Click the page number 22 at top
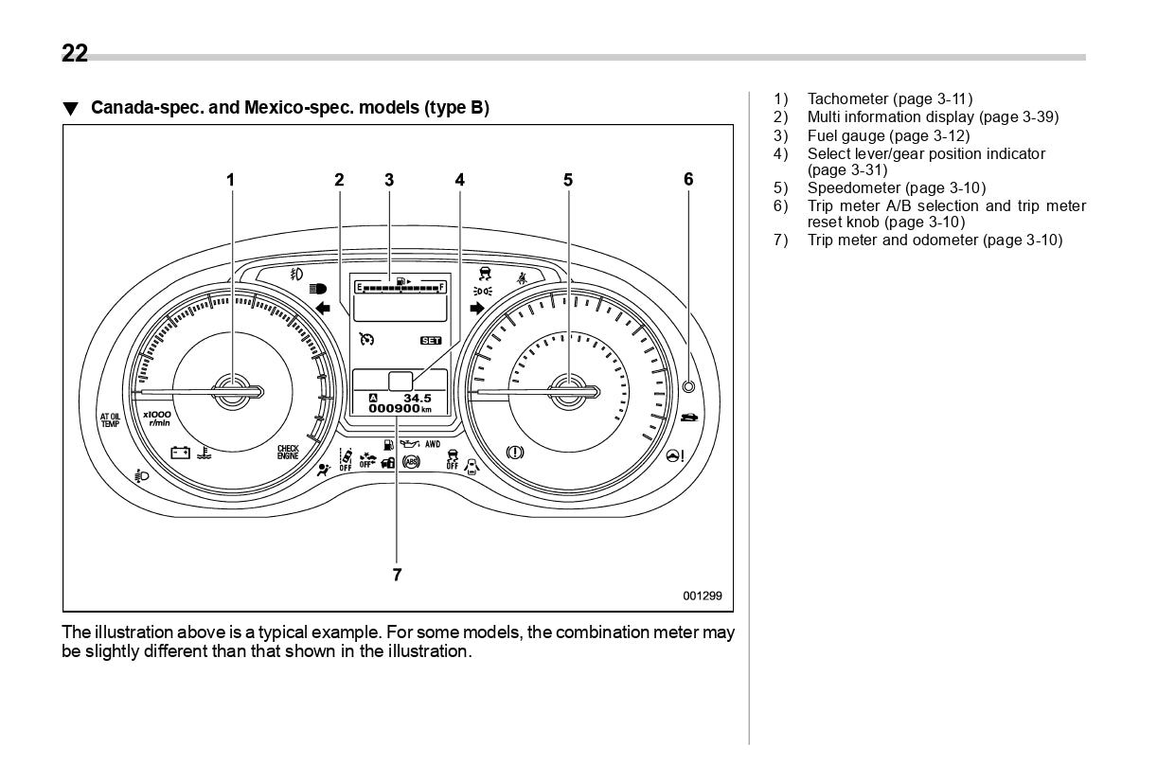75,54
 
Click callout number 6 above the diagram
688,179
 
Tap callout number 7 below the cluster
397,574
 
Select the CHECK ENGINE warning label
288,453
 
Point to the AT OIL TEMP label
111,420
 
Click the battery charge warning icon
180,453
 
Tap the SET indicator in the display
431,340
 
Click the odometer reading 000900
394,409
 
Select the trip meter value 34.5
418,398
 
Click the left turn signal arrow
323,308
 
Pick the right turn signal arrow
476,308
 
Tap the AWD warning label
433,443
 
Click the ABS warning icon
411,462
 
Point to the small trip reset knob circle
688,386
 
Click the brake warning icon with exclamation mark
515,453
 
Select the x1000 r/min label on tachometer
157,418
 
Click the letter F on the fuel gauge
441,286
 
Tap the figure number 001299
703,596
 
